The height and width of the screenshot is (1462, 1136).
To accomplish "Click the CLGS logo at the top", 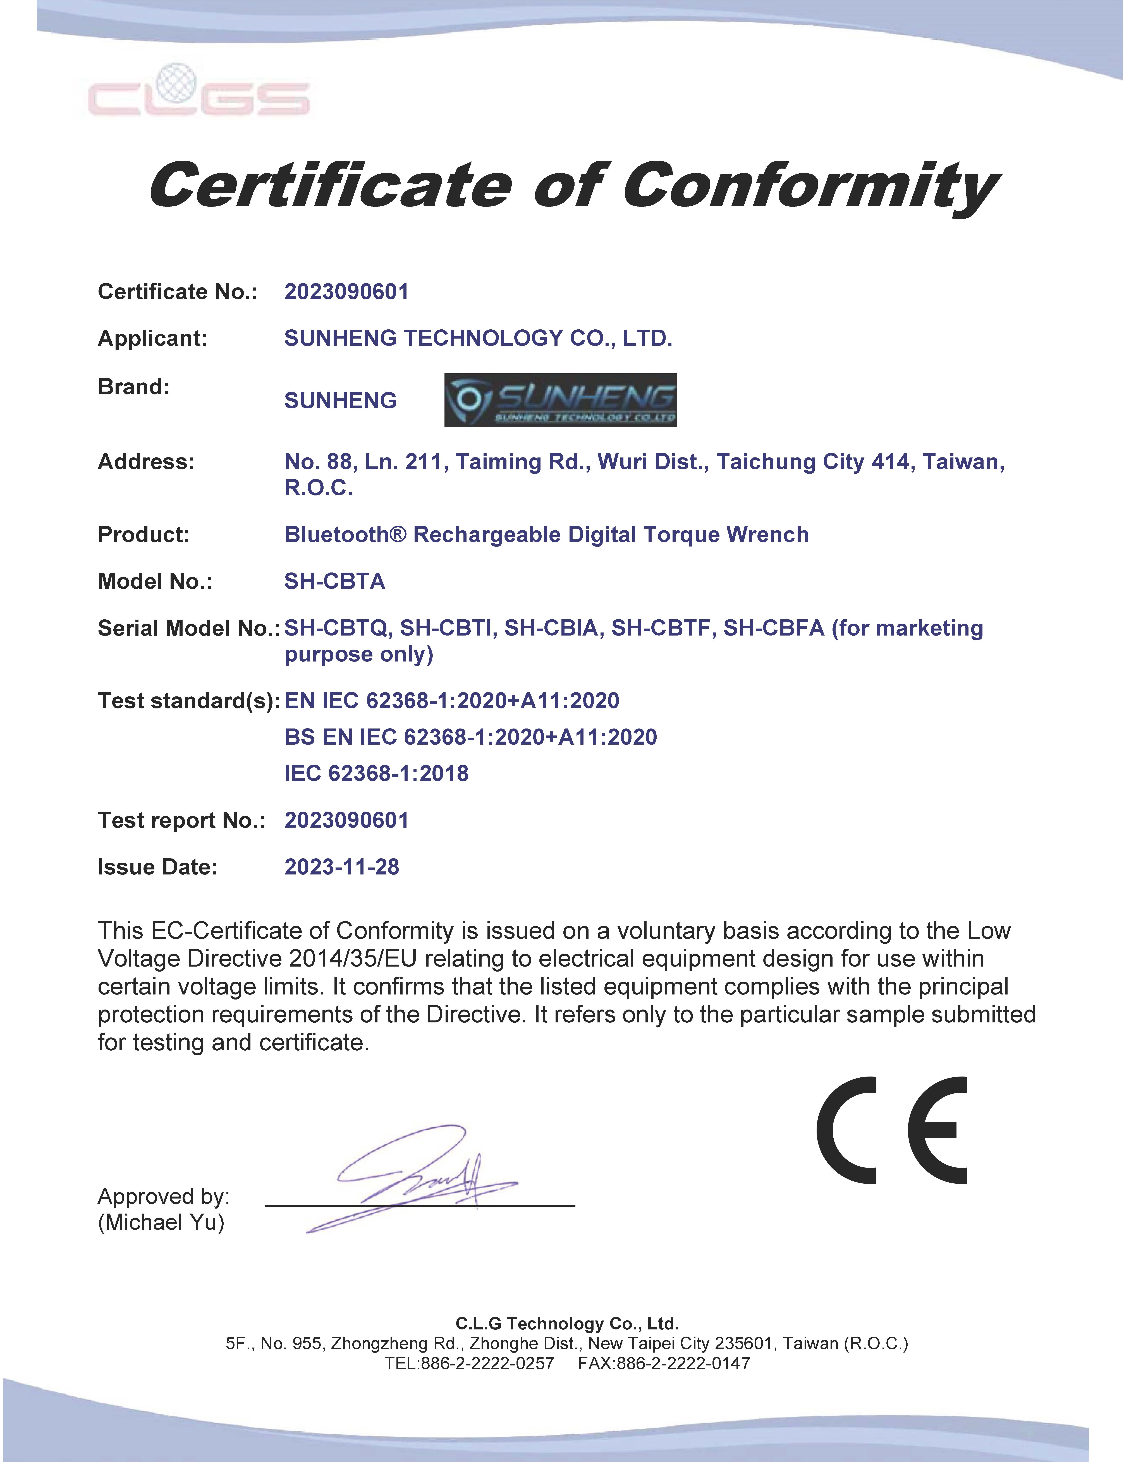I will (x=199, y=92).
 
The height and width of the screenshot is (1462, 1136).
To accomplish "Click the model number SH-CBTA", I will (x=335, y=581).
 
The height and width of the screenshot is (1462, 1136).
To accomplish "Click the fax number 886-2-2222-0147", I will (x=683, y=1364).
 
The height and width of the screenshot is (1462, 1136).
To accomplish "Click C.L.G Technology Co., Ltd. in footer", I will (x=567, y=1323).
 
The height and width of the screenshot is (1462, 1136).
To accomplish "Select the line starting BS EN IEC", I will (x=471, y=737).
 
